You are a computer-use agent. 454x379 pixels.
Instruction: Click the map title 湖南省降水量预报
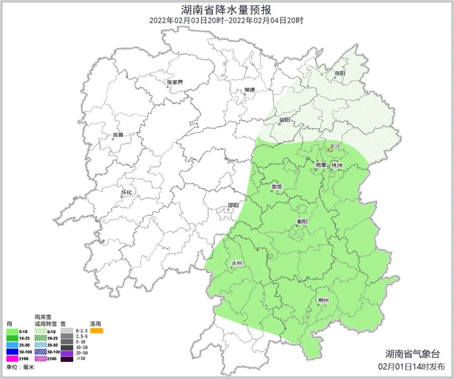coord(226,9)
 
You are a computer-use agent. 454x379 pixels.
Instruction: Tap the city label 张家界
coord(175,82)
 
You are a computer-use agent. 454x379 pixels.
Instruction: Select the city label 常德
coord(250,90)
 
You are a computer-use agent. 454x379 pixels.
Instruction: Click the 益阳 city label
coord(285,120)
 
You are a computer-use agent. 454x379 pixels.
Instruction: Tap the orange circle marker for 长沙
coord(330,150)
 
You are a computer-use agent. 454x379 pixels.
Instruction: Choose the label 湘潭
coord(321,165)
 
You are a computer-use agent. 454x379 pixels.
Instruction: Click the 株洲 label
coord(337,165)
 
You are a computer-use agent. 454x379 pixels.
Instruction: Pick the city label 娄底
coord(277,187)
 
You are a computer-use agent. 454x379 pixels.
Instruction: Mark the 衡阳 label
coord(302,221)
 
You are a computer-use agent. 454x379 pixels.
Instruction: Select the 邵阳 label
coord(233,206)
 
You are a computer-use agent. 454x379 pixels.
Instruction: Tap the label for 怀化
coord(127,192)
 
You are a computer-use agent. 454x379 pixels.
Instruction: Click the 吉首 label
coord(118,135)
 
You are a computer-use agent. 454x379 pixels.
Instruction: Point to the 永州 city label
coord(237,263)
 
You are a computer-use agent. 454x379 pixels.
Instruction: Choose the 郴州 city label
coord(323,300)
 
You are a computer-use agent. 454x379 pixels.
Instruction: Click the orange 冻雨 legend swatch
coord(97,331)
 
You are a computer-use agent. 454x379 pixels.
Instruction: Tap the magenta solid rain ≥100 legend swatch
coord(13,359)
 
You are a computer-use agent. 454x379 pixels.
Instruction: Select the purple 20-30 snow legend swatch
coord(67,352)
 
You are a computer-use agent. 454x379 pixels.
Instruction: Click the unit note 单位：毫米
coord(20,367)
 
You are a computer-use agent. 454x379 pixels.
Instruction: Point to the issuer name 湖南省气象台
coord(412,354)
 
